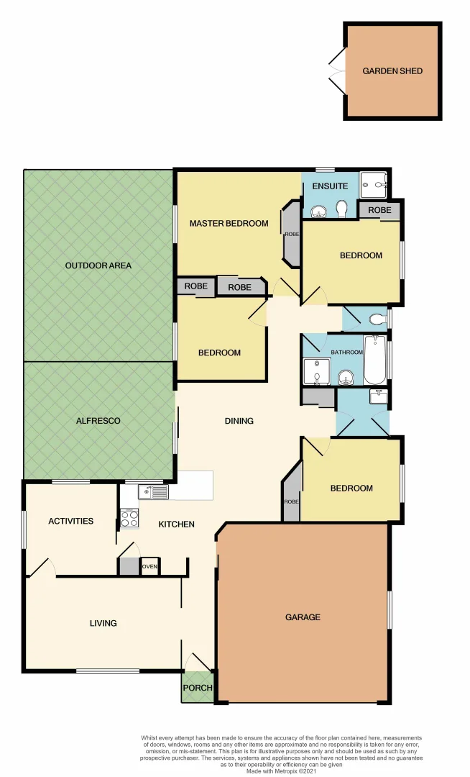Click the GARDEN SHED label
pyautogui.click(x=392, y=71)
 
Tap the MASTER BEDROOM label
pyautogui.click(x=229, y=223)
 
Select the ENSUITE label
pyautogui.click(x=330, y=186)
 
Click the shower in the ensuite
pyautogui.click(x=372, y=185)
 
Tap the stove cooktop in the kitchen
pyautogui.click(x=129, y=518)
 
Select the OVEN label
pyautogui.click(x=149, y=567)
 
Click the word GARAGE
pyautogui.click(x=303, y=617)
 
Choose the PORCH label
pyautogui.click(x=198, y=688)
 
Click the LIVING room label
pyautogui.click(x=103, y=623)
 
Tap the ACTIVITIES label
pyautogui.click(x=70, y=521)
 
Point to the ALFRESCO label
pyautogui.click(x=99, y=420)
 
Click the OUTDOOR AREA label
pyautogui.click(x=98, y=265)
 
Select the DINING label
pyautogui.click(x=239, y=421)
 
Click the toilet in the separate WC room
pyautogui.click(x=377, y=319)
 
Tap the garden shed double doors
pyautogui.click(x=336, y=71)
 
